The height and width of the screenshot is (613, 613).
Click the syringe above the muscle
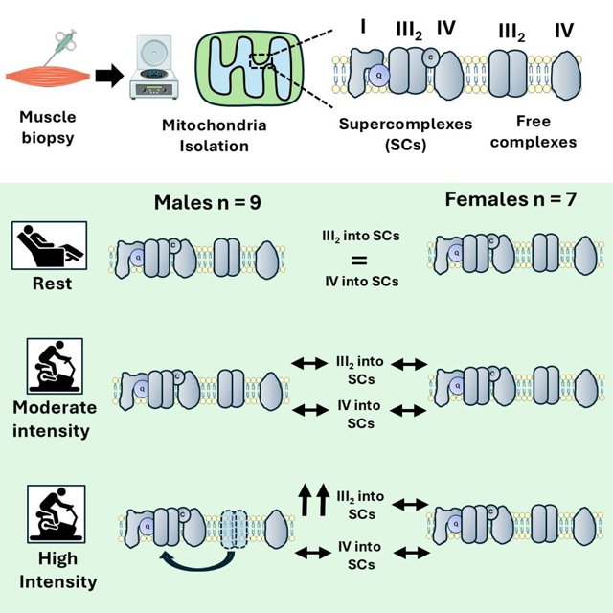[x=61, y=46]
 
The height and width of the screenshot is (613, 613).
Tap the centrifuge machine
[x=153, y=67]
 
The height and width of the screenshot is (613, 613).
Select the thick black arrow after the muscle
[x=109, y=76]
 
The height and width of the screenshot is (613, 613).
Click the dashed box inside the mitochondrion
[x=261, y=60]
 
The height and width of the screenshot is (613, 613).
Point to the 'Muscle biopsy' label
[x=48, y=127]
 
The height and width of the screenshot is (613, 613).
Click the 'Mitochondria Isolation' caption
[x=215, y=135]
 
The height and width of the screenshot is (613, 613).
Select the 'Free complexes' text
[x=534, y=131]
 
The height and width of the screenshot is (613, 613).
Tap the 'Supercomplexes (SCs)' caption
[x=405, y=134]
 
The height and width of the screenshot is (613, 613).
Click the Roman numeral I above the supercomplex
[x=363, y=27]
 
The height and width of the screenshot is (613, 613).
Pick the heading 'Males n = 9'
[x=208, y=202]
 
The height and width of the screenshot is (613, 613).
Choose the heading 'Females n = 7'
[x=511, y=199]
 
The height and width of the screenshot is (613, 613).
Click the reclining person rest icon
[x=49, y=245]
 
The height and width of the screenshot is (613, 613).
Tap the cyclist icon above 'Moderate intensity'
[x=55, y=366]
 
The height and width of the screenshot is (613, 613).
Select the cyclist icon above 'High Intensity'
[x=57, y=513]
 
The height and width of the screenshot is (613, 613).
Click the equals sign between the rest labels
[x=360, y=261]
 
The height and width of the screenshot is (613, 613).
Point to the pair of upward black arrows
[x=313, y=500]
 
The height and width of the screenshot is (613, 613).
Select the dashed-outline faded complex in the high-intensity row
[x=235, y=530]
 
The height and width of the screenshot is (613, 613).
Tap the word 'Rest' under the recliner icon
[x=52, y=284]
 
